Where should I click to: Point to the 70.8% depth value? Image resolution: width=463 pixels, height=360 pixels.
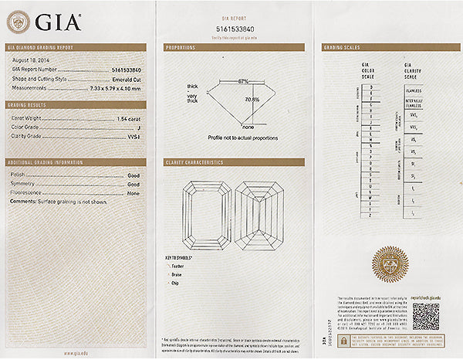[252, 100]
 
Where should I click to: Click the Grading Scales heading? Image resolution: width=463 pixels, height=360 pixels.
[340, 48]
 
